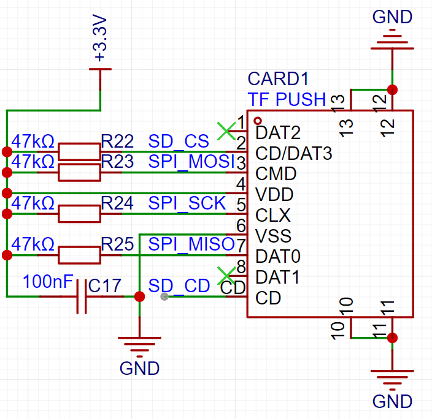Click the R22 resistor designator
pos(117,142)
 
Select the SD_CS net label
pos(179,142)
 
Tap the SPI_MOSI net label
pos(191,162)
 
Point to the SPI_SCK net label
pos(187,203)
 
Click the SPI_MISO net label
pos(191,244)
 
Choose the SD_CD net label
pos(179,285)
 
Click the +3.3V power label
pos(100,38)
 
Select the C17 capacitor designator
pos(105,285)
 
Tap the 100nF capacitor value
pos(48,281)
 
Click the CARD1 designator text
pos(278,79)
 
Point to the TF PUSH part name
pos(287,99)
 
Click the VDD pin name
pos(274,195)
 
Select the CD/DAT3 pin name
pos(294,153)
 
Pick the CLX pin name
pos(272,215)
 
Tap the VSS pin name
pos(273,236)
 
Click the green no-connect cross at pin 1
pos(226,131)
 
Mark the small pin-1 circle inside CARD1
pos(258,121)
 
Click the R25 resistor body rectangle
pos(79,255)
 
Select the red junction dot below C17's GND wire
pos(139,296)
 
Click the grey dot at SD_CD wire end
pos(164,296)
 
